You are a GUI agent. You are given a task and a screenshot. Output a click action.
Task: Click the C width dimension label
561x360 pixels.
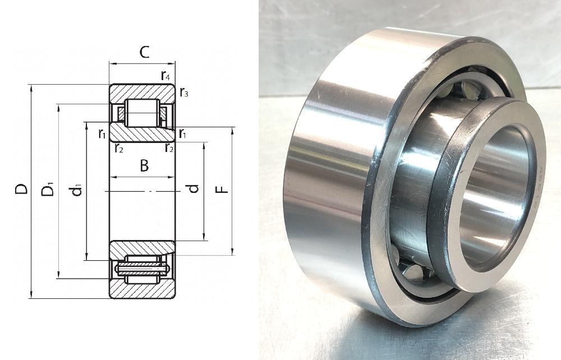[x=144, y=53]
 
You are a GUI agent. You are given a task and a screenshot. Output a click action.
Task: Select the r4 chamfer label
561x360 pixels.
[x=165, y=75]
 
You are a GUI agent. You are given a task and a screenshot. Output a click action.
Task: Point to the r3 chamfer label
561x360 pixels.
[x=183, y=93]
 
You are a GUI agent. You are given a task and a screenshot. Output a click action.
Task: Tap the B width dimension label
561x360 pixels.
[x=144, y=166]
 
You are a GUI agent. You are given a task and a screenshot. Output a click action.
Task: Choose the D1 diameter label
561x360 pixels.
[x=49, y=189]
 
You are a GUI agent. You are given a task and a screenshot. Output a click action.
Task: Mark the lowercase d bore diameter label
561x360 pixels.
[x=194, y=189]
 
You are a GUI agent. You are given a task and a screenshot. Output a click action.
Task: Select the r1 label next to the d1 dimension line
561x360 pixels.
[x=102, y=133]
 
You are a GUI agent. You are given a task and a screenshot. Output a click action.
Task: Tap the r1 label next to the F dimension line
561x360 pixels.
[x=183, y=133]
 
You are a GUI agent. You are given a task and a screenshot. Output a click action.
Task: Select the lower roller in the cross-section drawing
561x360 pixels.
[x=142, y=269]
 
